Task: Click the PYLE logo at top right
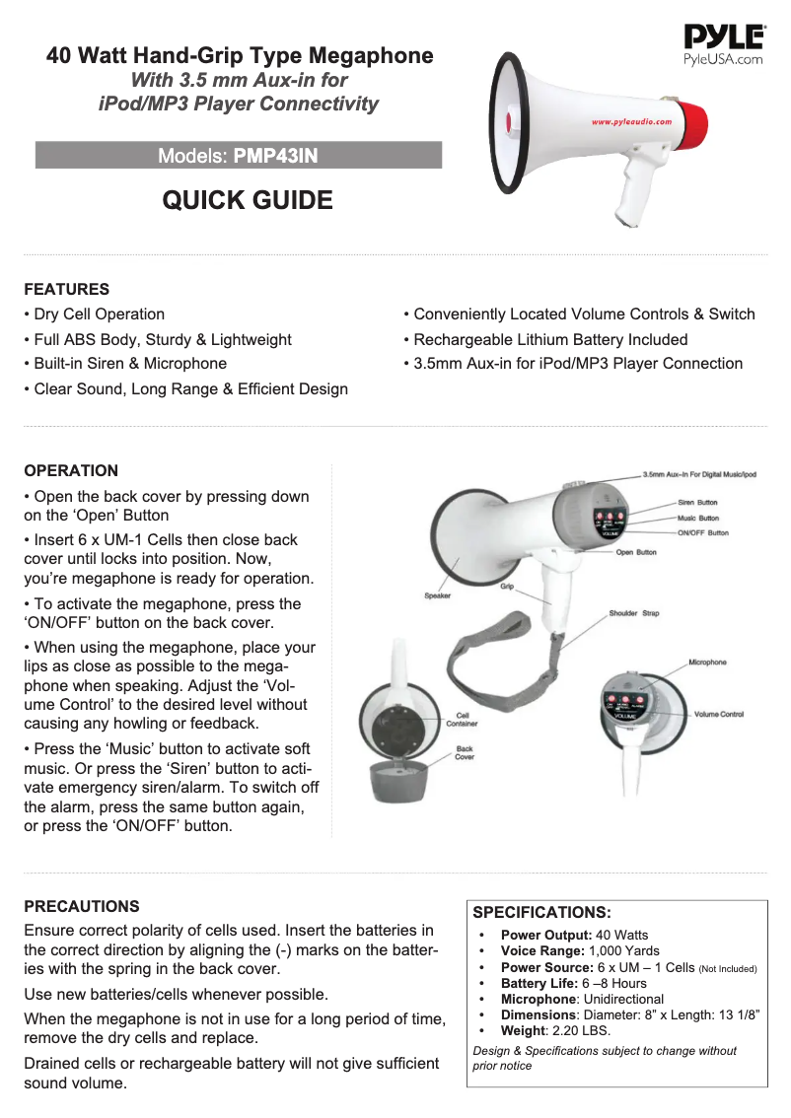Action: (x=724, y=39)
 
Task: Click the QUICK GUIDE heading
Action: (x=248, y=201)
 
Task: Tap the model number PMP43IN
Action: (x=275, y=156)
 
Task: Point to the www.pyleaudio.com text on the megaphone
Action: (x=631, y=122)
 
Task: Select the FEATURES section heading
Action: (x=66, y=289)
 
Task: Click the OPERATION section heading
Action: (x=71, y=470)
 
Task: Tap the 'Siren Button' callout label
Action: (x=697, y=503)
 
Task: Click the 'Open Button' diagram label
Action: (x=636, y=552)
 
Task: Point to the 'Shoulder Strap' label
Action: (x=633, y=613)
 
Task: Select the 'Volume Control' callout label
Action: (x=718, y=714)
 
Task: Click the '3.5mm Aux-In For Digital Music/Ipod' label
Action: (x=699, y=474)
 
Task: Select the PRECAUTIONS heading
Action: (x=82, y=906)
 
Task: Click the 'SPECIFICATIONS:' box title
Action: (x=542, y=912)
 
